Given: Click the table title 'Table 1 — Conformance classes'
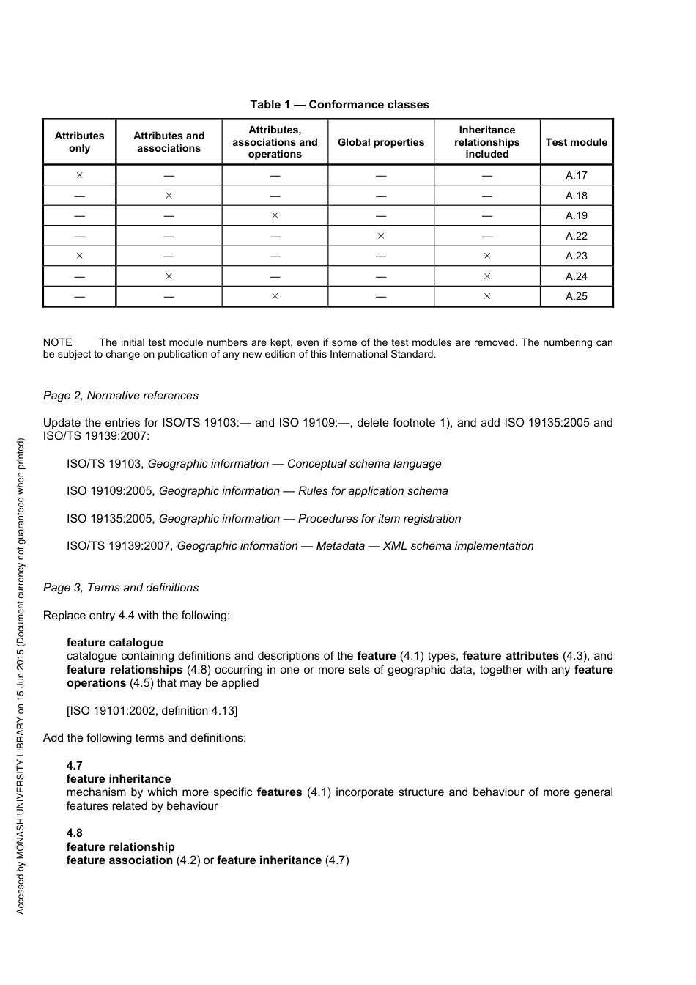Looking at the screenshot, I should tap(339, 105).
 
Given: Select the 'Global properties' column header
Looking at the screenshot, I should tap(380, 142).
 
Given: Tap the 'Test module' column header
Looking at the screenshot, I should tap(576, 142).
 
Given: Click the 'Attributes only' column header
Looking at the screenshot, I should tap(79, 142).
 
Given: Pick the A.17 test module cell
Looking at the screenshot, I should tap(576, 176).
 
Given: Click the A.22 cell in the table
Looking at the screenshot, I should tap(576, 236).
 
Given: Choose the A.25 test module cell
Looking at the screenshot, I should tap(576, 297).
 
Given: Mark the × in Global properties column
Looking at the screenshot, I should tap(380, 236).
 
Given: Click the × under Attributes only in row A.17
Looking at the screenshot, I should tap(79, 176).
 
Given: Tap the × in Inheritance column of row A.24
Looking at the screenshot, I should tap(486, 276).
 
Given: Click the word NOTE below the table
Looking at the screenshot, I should tap(58, 342).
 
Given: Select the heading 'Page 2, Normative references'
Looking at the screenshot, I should tap(121, 396).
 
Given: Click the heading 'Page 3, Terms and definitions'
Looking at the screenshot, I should tap(121, 588).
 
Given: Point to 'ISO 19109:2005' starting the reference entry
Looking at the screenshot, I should tap(111, 491).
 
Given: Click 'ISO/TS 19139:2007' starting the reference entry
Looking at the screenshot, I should tap(119, 546).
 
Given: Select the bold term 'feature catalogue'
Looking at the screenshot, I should tap(115, 643).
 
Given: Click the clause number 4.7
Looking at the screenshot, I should tap(74, 766).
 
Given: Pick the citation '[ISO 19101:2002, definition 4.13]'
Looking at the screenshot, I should tap(152, 710).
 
